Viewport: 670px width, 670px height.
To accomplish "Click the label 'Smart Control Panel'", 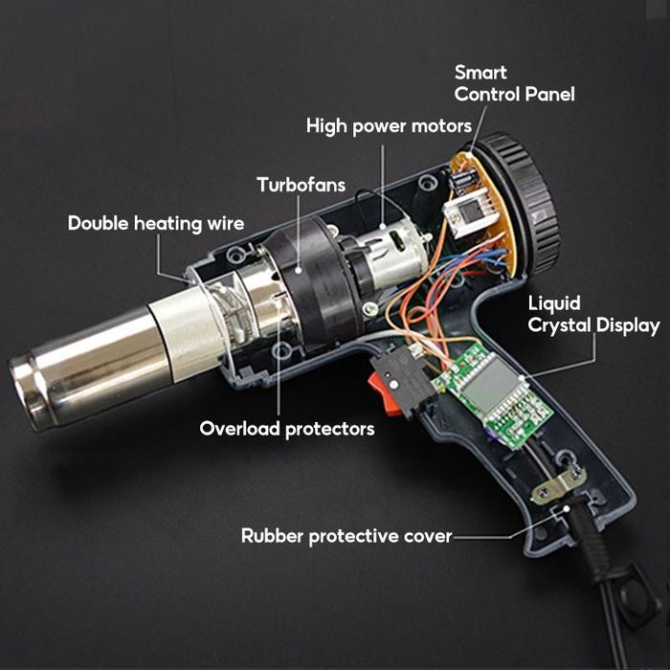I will pyautogui.click(x=514, y=83).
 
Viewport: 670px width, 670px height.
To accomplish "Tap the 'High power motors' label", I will pyautogui.click(x=389, y=126).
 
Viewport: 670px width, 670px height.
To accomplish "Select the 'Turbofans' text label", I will pyautogui.click(x=301, y=185).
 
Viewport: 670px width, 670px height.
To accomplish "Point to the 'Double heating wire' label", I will pyautogui.click(x=156, y=224).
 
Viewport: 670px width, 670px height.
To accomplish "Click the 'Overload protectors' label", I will pyautogui.click(x=286, y=428).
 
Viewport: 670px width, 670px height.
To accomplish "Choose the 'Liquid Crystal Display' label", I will pyautogui.click(x=593, y=315).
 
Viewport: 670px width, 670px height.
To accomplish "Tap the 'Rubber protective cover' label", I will pyautogui.click(x=346, y=536).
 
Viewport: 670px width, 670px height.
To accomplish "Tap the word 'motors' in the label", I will pyautogui.click(x=443, y=126).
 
